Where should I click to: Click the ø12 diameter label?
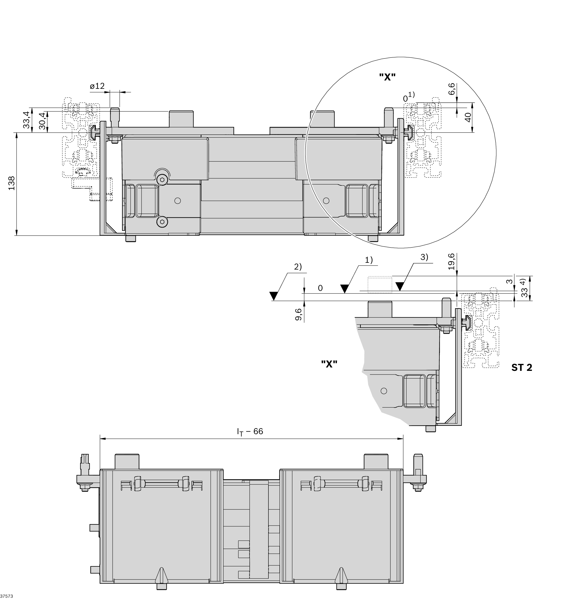[x=97, y=86]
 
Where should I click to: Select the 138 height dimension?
[x=12, y=183]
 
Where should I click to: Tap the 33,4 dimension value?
[x=27, y=120]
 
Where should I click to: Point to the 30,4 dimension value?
[x=42, y=121]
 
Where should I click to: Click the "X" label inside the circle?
[x=387, y=77]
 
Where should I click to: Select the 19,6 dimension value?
[x=451, y=261]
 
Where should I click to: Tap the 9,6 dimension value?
[x=298, y=315]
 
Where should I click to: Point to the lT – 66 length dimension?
[x=250, y=432]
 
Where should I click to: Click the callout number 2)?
[x=298, y=267]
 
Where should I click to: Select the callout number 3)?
[x=424, y=257]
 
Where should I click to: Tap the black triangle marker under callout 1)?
[x=344, y=289]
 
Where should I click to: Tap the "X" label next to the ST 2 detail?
[x=329, y=364]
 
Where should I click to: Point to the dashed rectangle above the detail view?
[x=380, y=284]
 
